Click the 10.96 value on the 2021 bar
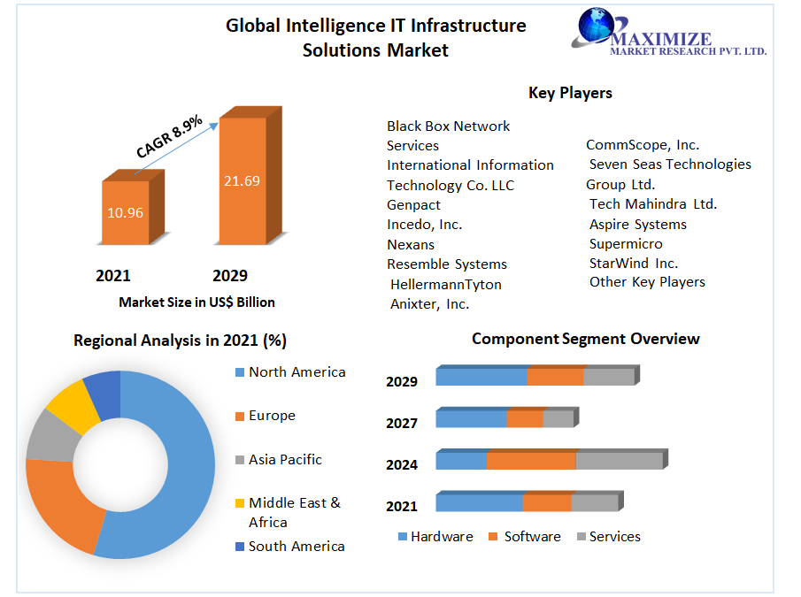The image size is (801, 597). click(x=125, y=212)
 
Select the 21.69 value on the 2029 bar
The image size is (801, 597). click(x=242, y=181)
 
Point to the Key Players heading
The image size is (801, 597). click(x=570, y=93)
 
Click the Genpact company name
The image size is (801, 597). click(x=413, y=205)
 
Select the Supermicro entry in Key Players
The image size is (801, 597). click(x=626, y=244)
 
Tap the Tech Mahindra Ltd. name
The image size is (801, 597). click(x=653, y=204)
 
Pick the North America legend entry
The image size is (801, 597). click(x=297, y=372)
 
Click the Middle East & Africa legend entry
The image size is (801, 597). click(x=294, y=512)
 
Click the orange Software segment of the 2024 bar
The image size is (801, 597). click(x=531, y=461)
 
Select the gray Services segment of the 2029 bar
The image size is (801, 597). click(x=609, y=377)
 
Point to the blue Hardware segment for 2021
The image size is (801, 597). click(x=479, y=503)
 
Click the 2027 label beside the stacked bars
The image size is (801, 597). click(x=402, y=424)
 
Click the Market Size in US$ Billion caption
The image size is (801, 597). click(x=196, y=302)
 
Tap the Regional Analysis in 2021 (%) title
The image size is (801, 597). click(x=180, y=341)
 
